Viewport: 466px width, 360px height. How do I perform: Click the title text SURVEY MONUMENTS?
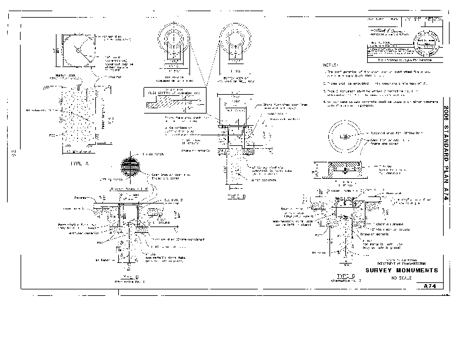(x=402, y=270)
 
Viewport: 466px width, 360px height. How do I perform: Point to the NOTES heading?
(x=331, y=65)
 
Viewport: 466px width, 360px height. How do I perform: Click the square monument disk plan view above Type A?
(x=77, y=51)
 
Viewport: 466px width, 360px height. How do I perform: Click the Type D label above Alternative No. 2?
(x=345, y=275)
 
